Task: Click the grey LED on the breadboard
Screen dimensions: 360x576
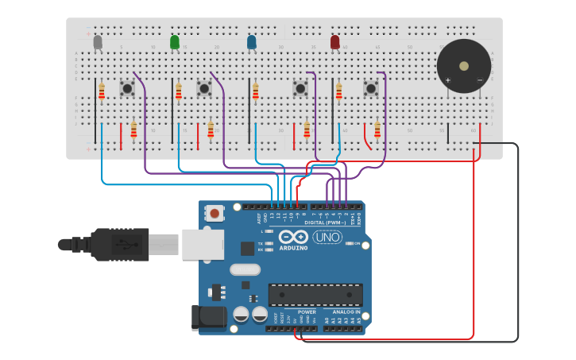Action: pos(98,42)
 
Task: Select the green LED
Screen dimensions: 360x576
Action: pos(175,42)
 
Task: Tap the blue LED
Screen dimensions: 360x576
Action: pos(252,42)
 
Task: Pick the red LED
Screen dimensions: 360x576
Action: pos(334,42)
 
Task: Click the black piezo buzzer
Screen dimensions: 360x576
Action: pos(463,66)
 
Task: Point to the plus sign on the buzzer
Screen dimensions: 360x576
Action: pos(447,80)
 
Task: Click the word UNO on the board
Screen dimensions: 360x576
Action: pos(327,237)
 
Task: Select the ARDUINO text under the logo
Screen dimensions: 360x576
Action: pos(293,248)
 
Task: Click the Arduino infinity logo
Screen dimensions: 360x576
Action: pos(293,237)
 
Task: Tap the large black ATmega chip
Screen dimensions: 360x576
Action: pos(315,295)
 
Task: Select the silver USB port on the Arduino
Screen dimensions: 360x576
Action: pos(202,245)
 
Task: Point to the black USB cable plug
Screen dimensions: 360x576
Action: pos(119,244)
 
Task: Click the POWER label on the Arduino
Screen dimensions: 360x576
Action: pos(307,312)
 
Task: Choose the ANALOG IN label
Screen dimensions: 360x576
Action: pos(346,312)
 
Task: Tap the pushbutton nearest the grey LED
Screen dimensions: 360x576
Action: pos(126,88)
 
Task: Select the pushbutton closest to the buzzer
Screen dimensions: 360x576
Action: pos(371,88)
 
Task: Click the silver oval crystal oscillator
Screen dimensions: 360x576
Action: pos(245,269)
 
